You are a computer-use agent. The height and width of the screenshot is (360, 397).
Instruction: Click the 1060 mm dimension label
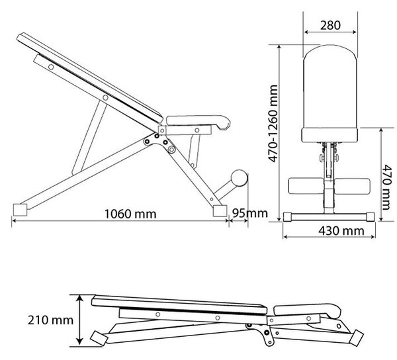coord(130,214)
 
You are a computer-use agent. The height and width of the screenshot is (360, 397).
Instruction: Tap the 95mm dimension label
coord(250,213)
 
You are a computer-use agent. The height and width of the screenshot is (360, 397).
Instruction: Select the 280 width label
coord(330,25)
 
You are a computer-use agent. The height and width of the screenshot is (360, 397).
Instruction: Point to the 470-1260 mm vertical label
coord(273,124)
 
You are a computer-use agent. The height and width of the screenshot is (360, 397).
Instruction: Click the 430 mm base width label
coord(341,231)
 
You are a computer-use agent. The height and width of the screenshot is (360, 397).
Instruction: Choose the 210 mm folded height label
coord(50,320)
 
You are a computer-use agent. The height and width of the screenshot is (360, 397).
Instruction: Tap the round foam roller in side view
coord(240,178)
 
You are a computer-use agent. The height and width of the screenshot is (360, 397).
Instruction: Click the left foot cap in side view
coord(20,210)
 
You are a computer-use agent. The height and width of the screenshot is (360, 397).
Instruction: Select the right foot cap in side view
coord(220,211)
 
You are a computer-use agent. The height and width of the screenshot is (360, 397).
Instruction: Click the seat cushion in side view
coord(198,122)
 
